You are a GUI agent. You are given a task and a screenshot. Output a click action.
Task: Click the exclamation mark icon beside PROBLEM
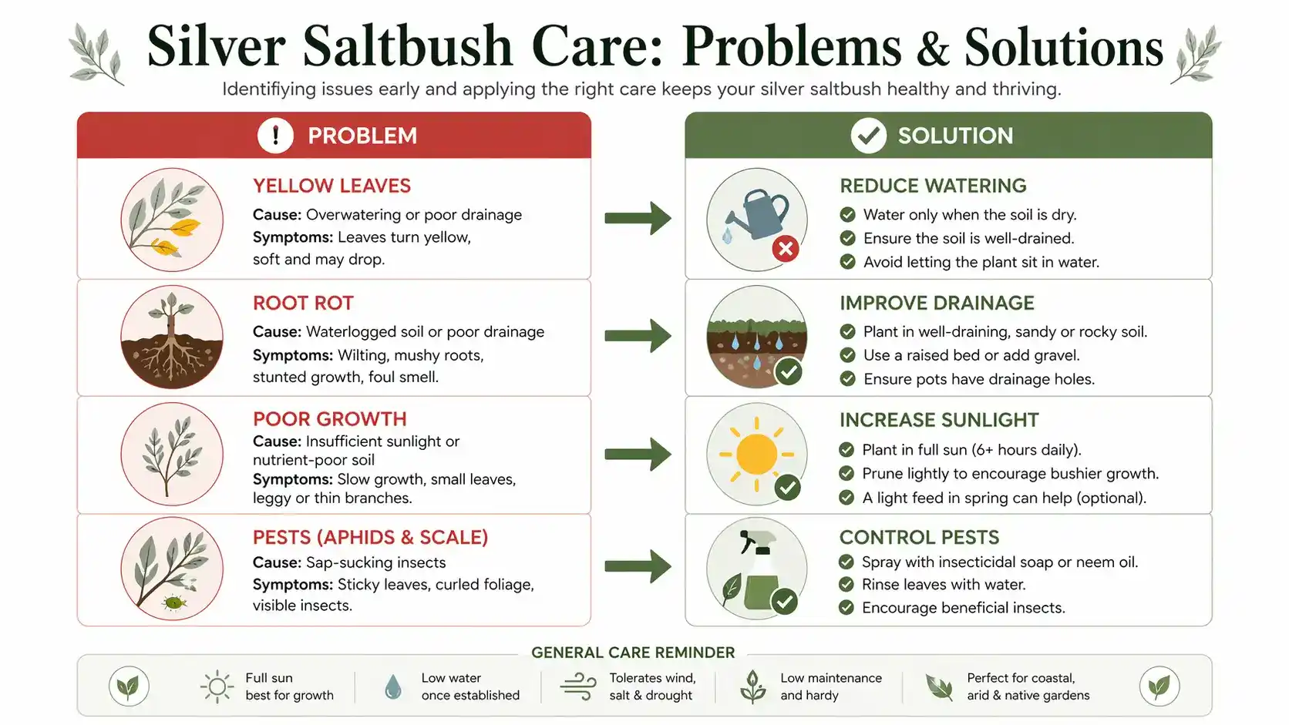[x=275, y=136]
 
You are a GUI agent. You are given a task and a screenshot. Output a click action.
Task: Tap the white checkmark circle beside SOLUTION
[x=868, y=136]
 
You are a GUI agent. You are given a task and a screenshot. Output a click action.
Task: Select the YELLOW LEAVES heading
[x=332, y=186]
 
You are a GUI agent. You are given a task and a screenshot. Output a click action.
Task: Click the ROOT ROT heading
[x=303, y=303]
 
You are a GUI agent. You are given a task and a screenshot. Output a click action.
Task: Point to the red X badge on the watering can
[x=785, y=249]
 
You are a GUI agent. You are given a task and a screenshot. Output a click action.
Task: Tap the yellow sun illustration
[x=756, y=454]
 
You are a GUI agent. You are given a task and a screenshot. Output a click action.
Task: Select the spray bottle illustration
[x=760, y=574]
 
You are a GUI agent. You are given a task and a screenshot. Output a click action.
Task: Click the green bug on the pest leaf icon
[x=173, y=602]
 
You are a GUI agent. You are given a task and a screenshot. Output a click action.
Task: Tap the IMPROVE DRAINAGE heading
[x=937, y=303]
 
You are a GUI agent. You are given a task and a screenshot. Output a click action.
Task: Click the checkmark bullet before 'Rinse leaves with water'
[x=846, y=585]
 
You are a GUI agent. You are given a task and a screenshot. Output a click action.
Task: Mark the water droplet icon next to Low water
[x=393, y=686]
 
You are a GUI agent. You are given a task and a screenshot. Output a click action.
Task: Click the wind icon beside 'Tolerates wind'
[x=578, y=686]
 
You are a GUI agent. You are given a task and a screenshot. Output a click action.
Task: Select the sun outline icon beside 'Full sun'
[x=217, y=686]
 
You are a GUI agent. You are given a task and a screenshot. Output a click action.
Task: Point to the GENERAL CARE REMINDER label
[x=633, y=653]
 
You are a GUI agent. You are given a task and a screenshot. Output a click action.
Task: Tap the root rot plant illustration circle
[x=172, y=337]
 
